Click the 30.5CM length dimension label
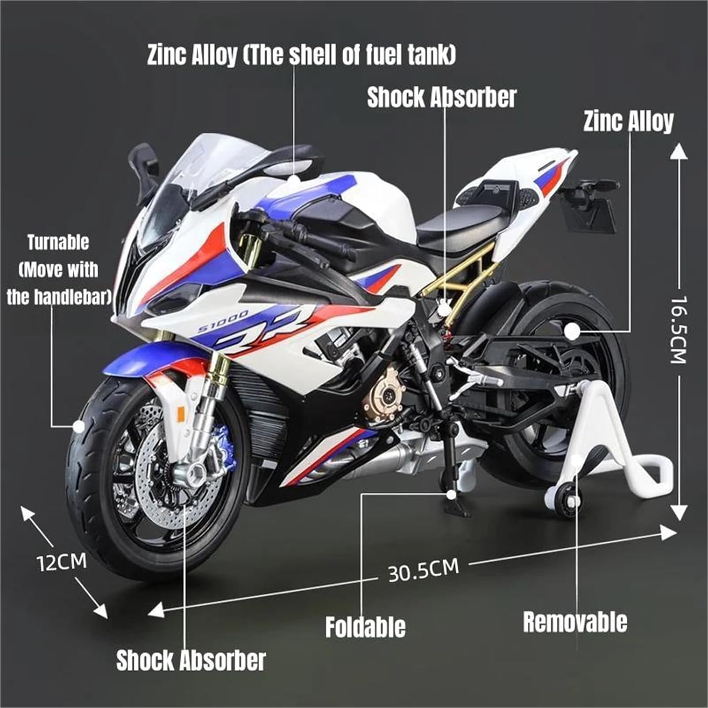coord(423,570)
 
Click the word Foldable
coord(365,627)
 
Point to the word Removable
coord(575,622)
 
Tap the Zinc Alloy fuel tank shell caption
coord(301,55)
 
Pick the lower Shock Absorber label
coord(191,660)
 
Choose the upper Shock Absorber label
coord(442,97)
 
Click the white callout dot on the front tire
coord(79,426)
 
